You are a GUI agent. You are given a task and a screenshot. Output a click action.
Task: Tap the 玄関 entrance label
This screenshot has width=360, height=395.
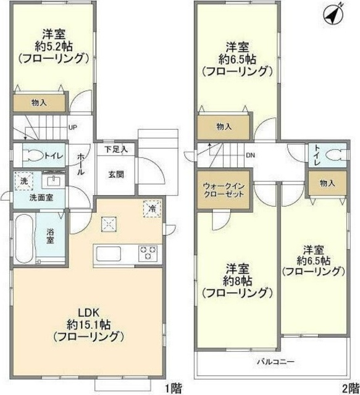pyautogui.click(x=116, y=174)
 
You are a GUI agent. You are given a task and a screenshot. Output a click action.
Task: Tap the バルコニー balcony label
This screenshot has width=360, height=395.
pyautogui.click(x=271, y=362)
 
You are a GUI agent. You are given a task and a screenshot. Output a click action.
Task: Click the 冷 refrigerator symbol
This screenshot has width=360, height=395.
pyautogui.click(x=151, y=208)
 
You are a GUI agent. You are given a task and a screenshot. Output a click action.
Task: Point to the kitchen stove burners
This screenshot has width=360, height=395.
pyautogui.click(x=148, y=252)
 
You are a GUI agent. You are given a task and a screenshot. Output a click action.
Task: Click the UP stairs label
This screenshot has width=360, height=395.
pyautogui.click(x=72, y=128)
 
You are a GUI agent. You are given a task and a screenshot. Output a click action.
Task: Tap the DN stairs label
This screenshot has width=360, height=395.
pyautogui.click(x=250, y=155)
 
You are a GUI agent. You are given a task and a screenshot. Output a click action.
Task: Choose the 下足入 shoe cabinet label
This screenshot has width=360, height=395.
pyautogui.click(x=115, y=149)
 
